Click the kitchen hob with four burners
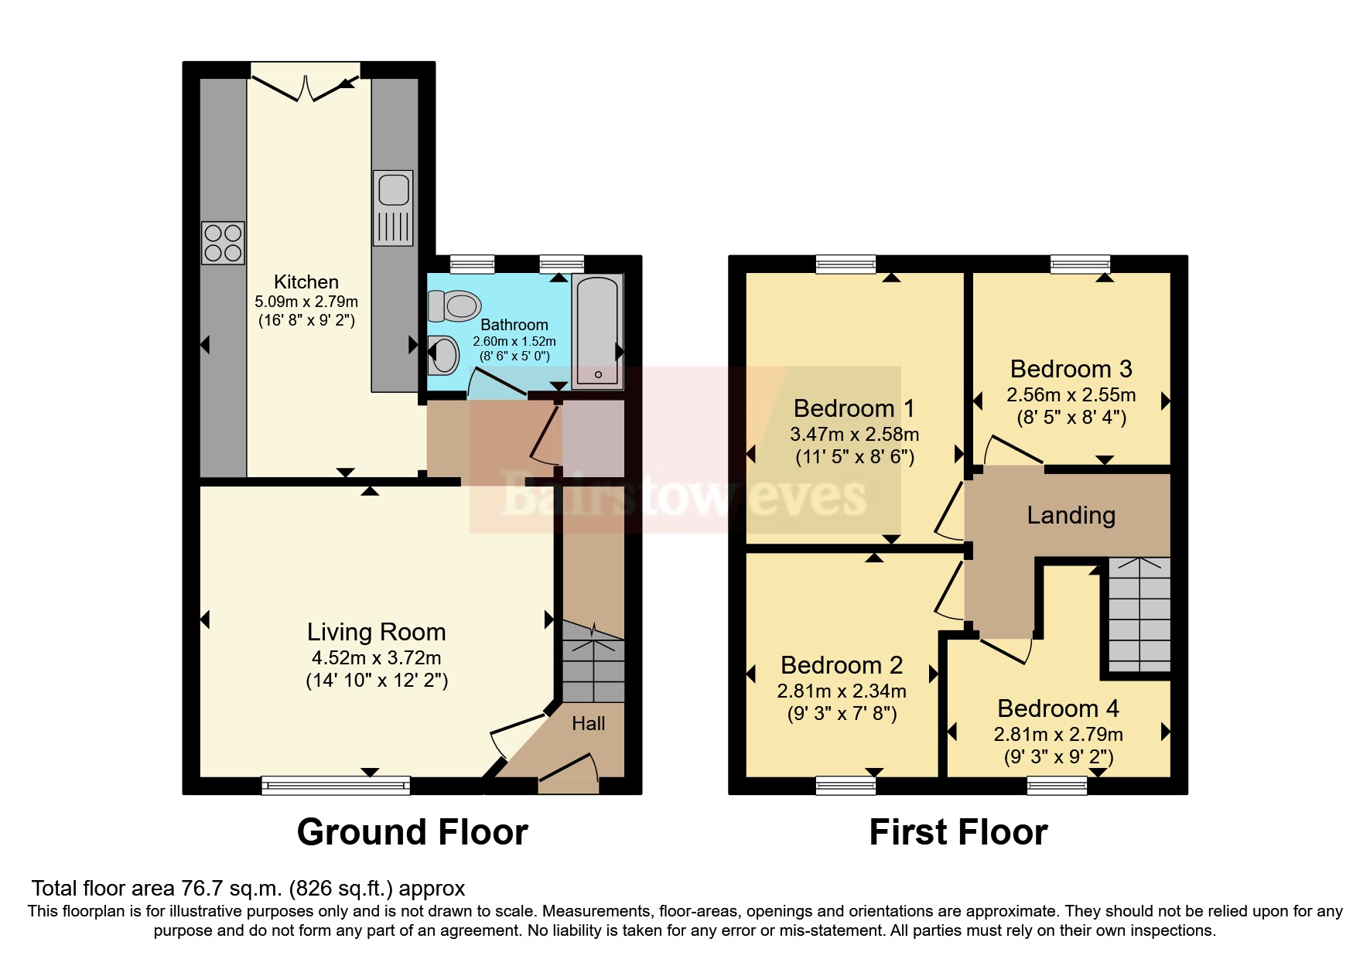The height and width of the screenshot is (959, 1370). (223, 242)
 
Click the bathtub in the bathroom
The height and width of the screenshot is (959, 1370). (596, 330)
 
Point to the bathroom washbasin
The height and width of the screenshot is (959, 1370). (444, 355)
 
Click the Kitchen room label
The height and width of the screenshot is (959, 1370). (306, 282)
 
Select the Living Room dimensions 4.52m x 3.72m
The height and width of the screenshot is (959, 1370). (376, 658)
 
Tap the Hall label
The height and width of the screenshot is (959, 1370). (588, 724)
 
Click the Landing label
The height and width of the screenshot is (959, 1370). (1071, 515)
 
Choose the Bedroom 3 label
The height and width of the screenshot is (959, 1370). (1071, 368)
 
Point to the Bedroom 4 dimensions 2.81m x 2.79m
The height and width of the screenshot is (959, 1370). (1058, 734)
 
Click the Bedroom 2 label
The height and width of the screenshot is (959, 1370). (842, 665)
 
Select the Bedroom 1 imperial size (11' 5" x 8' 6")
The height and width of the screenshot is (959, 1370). (855, 457)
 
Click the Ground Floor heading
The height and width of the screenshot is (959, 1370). (412, 832)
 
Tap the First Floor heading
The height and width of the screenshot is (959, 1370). (958, 832)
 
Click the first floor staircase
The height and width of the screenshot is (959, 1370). (1139, 615)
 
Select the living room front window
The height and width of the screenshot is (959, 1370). (336, 786)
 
